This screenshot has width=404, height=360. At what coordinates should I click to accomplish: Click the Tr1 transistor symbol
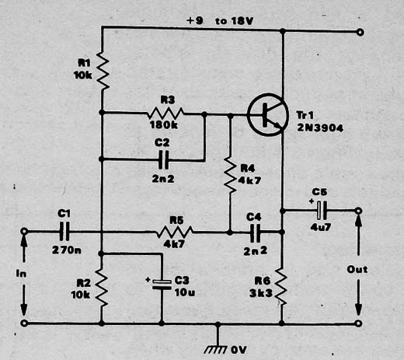268,114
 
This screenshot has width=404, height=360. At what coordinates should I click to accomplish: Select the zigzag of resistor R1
103,71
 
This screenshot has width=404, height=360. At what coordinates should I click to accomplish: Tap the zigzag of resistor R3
165,113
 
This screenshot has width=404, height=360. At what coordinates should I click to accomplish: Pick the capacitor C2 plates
163,159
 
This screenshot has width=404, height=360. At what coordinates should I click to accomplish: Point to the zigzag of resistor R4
230,175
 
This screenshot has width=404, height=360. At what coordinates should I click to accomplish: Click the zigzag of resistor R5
174,232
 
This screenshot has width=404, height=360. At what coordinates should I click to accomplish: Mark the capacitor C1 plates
64,231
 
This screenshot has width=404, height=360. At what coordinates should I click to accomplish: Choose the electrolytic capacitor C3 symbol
162,285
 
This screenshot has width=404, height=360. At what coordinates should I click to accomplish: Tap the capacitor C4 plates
256,232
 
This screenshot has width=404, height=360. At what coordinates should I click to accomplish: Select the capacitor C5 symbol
322,210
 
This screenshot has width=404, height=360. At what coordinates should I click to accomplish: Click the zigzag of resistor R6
282,287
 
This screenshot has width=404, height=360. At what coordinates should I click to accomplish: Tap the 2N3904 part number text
320,128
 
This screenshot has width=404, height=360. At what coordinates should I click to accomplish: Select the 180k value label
164,125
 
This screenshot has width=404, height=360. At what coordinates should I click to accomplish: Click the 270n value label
67,250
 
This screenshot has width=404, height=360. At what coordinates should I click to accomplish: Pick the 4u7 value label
321,227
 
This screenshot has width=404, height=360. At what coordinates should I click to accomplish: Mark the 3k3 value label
261,293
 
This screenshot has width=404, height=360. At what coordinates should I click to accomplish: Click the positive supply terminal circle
360,32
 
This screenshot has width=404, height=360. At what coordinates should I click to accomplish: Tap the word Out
357,270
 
